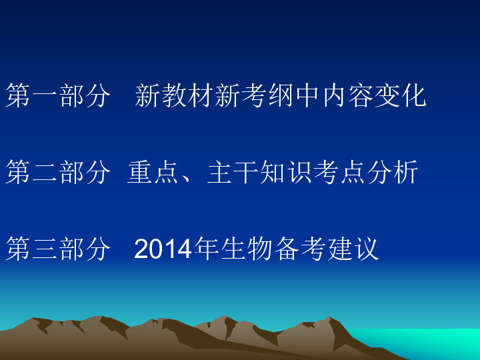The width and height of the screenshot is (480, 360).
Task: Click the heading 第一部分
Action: [58, 96]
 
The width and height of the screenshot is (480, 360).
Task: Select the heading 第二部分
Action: [58, 173]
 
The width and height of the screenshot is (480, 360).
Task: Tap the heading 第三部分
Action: [58, 249]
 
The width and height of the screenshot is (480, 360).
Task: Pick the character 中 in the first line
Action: [307, 96]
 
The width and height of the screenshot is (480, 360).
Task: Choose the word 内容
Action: [347, 96]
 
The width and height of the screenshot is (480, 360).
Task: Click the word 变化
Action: [399, 96]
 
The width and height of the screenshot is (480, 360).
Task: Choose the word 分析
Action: [391, 173]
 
